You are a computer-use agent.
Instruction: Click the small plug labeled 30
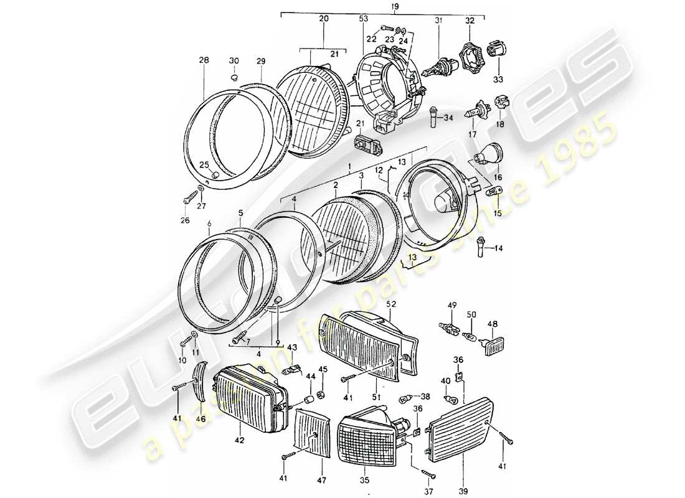pyautogui.click(x=234, y=78)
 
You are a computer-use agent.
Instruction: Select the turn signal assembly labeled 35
pyautogui.click(x=368, y=438)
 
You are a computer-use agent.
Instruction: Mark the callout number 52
pyautogui.click(x=391, y=304)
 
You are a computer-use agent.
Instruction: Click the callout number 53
pyautogui.click(x=364, y=20)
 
